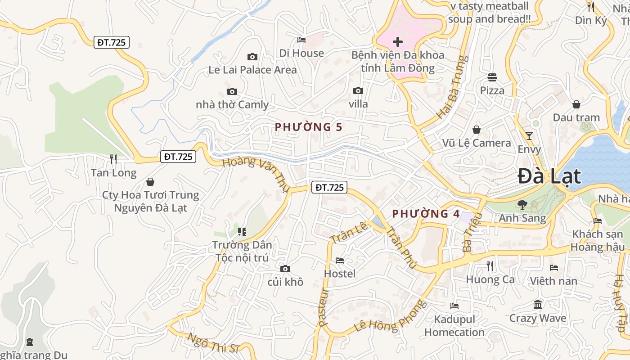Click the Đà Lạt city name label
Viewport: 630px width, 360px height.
click(x=549, y=176)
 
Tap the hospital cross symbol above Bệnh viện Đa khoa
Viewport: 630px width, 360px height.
click(x=397, y=42)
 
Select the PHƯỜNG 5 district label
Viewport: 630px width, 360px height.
click(x=309, y=127)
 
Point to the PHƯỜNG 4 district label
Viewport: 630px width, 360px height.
click(x=426, y=214)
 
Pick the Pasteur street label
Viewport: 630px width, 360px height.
click(x=324, y=307)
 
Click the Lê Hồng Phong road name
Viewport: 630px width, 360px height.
click(x=390, y=316)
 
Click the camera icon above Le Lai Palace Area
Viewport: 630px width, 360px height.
click(x=252, y=57)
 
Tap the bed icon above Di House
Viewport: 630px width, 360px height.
click(x=301, y=40)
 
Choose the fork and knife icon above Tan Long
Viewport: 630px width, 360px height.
click(x=113, y=159)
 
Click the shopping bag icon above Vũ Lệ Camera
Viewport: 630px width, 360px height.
click(x=477, y=130)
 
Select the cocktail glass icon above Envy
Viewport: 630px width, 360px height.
click(x=529, y=135)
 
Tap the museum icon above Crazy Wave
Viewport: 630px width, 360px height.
click(x=537, y=305)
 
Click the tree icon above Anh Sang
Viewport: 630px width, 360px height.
click(x=522, y=205)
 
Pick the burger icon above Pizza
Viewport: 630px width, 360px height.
click(x=492, y=77)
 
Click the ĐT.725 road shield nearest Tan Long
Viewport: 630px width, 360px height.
click(x=178, y=157)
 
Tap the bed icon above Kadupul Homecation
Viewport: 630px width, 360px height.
click(x=454, y=306)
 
